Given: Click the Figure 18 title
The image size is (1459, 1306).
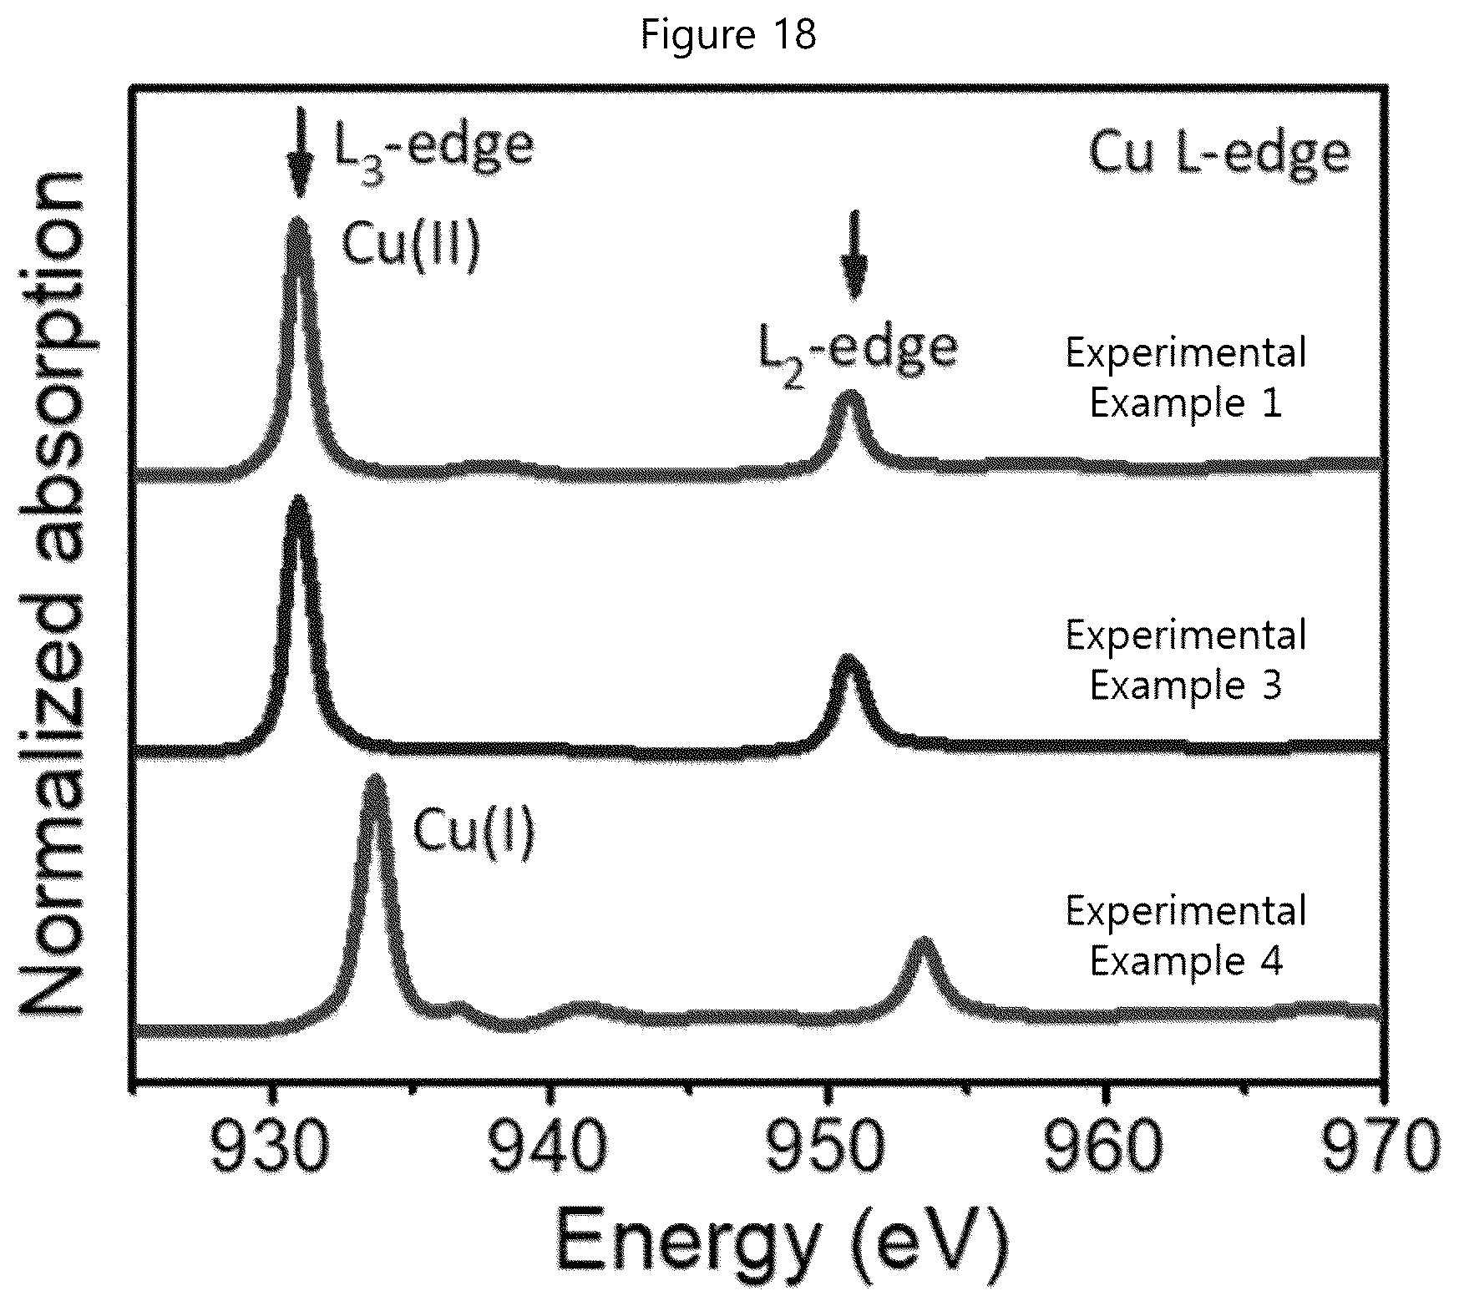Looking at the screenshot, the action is coord(728,35).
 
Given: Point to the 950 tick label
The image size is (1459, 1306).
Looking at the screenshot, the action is coord(827,1151).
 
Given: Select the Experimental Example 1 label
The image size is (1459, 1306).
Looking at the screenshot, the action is coord(1186,377).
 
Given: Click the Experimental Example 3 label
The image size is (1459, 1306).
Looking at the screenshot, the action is coord(1186,660).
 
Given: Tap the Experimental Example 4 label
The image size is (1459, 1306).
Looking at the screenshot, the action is coord(1186,936).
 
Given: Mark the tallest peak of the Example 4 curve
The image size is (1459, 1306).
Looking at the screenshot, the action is coord(375,780).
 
